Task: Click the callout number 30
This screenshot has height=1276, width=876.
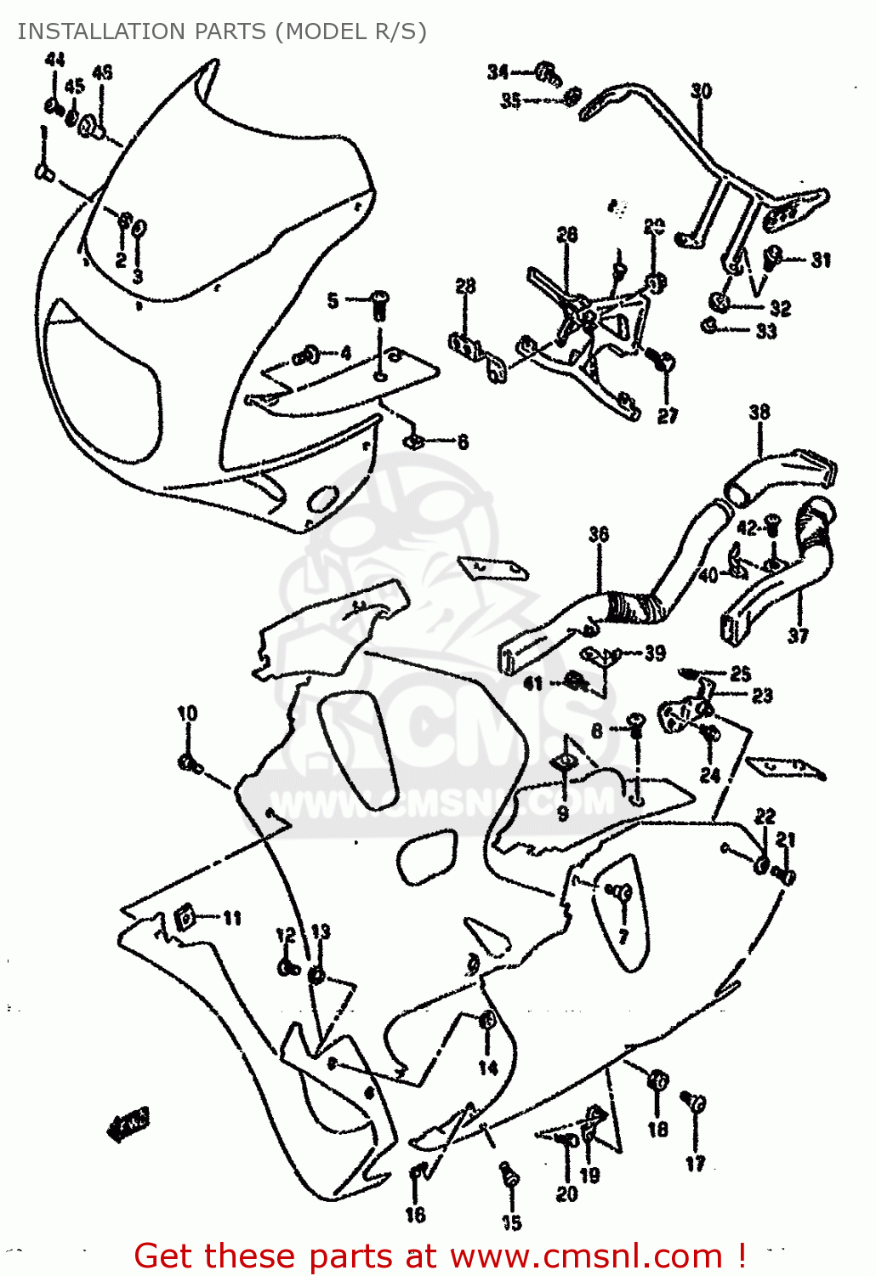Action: point(701,90)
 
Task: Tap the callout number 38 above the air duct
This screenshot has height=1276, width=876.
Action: point(759,412)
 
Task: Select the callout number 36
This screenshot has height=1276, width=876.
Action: point(599,534)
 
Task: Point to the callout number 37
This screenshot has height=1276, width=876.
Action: point(798,635)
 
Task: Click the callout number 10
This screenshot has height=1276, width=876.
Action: point(187,713)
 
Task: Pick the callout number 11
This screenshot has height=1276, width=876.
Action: point(232,918)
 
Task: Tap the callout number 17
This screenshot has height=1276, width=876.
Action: point(695,1164)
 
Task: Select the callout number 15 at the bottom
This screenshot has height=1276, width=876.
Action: point(511,1222)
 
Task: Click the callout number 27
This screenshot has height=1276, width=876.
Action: point(668,415)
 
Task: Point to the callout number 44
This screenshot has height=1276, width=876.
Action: point(54,60)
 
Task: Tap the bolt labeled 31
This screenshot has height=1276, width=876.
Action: point(775,257)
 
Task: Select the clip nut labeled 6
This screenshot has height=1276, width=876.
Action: point(415,441)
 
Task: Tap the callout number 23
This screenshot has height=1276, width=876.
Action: point(761,695)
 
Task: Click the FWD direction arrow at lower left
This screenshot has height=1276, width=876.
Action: point(128,1124)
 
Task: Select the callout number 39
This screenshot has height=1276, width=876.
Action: point(654,653)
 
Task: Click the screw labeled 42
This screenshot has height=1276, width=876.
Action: point(772,523)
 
